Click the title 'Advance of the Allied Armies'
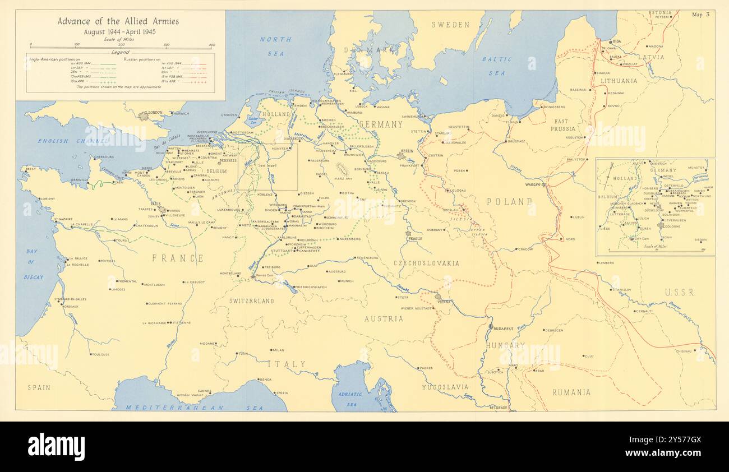(118, 21)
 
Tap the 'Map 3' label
(700, 15)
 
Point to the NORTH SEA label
(275, 44)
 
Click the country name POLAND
(509, 202)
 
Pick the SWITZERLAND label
(252, 301)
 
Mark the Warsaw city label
(532, 184)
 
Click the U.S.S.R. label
(680, 292)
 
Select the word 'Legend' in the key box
(120, 52)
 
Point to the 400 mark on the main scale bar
(211, 45)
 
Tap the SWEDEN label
(450, 25)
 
